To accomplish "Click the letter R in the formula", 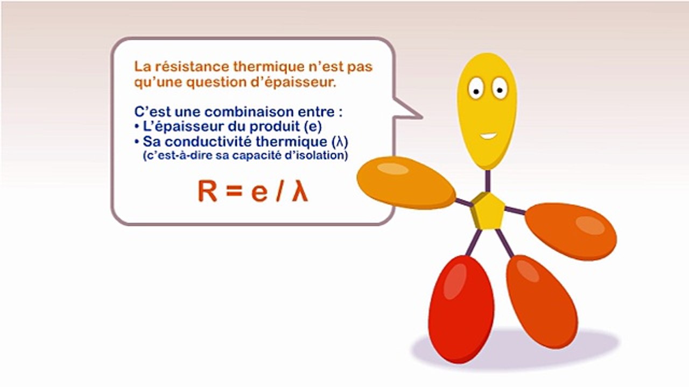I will click(208, 191).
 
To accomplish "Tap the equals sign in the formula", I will click(234, 192).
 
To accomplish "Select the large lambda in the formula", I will click(300, 191).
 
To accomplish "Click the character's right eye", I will click(500, 87).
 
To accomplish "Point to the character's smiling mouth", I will click(489, 135).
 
